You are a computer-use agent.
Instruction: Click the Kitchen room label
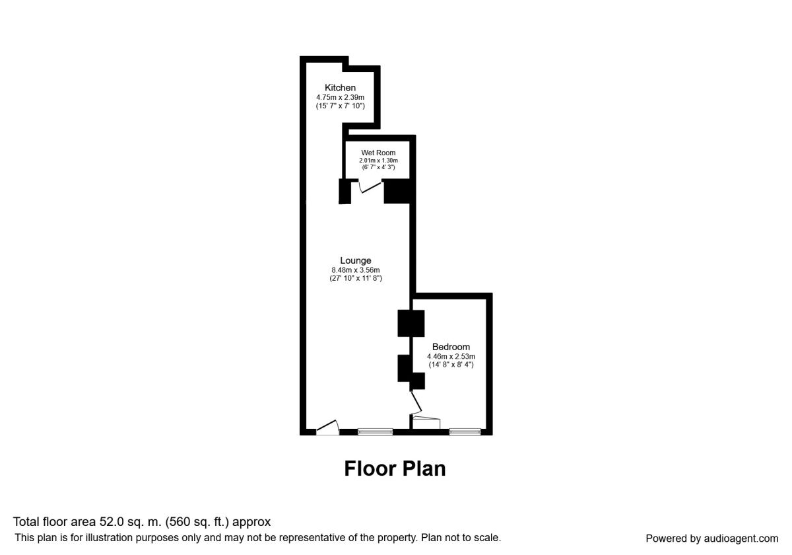pos(340,88)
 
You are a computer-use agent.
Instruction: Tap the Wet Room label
pos(378,153)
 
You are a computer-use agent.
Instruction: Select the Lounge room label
pos(356,260)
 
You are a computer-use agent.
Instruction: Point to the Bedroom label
pos(451,347)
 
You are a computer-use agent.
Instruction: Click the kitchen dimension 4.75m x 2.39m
pos(340,97)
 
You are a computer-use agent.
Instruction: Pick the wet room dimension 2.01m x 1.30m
pos(378,161)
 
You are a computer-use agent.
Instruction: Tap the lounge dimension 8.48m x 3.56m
pos(356,270)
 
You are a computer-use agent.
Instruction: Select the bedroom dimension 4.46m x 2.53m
pos(451,356)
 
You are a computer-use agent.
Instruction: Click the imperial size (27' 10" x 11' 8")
pos(356,278)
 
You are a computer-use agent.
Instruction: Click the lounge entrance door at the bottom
pos(328,428)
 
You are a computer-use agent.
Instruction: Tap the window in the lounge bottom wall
pos(375,432)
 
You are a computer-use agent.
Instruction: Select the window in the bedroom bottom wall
pos(465,432)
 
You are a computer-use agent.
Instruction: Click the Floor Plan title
pos(395,468)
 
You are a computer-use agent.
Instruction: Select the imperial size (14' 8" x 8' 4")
pos(451,364)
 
